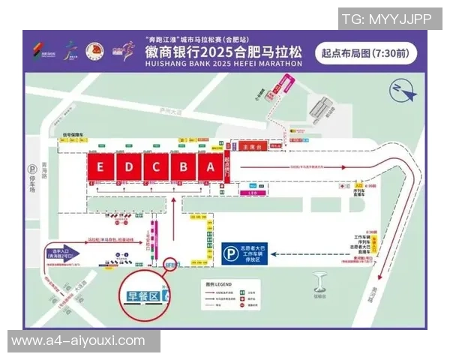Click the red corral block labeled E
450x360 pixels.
pos(100,167)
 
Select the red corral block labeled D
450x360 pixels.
pos(128,167)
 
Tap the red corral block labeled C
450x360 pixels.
pos(156,167)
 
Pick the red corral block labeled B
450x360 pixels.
pos(184,167)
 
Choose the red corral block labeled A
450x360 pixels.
pos(211,167)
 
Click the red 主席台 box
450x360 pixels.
pos(251,147)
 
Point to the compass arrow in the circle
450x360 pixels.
pos(401,92)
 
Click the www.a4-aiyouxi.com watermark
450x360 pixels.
pos(78,340)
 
